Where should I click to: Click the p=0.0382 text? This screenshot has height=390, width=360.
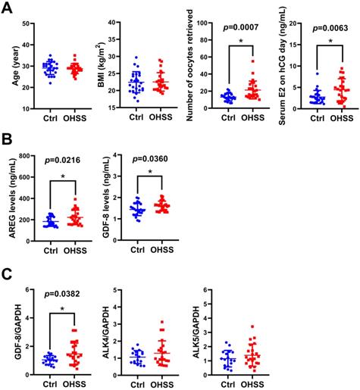coord(62,292)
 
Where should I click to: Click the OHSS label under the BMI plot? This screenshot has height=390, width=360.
coord(165,118)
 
